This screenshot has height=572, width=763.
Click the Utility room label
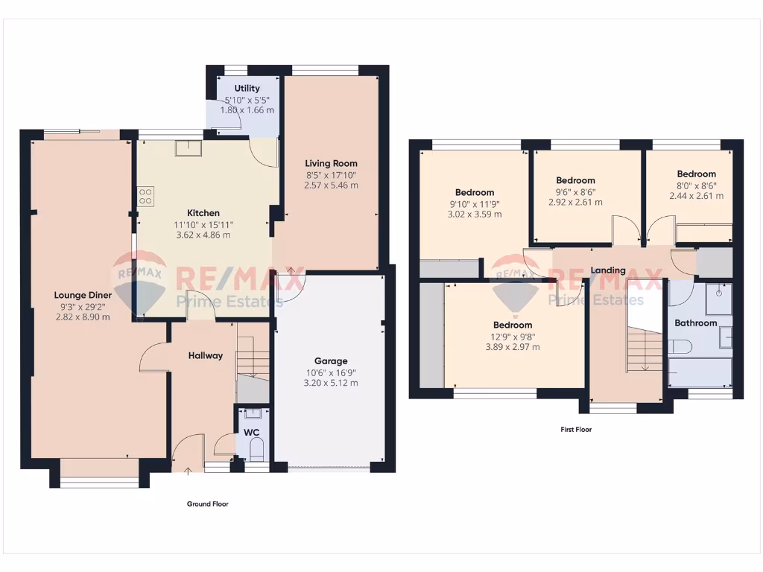(247, 88)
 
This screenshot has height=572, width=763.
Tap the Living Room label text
(331, 163)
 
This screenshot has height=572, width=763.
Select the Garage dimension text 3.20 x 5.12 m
(331, 383)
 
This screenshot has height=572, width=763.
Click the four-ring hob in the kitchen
(145, 196)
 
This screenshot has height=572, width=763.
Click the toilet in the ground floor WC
(256, 449)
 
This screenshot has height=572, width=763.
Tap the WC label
(251, 431)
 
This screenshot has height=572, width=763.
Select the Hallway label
(205, 355)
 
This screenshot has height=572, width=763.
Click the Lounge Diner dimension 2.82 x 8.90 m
(83, 317)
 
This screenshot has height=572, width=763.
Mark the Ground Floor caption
(207, 504)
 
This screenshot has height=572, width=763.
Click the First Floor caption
(576, 430)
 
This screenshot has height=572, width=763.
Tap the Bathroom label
(695, 323)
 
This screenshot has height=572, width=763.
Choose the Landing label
(608, 270)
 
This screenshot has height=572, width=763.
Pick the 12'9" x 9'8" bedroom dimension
(513, 336)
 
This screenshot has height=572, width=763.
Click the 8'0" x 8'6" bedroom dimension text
(696, 185)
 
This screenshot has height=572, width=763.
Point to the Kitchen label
(203, 213)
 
